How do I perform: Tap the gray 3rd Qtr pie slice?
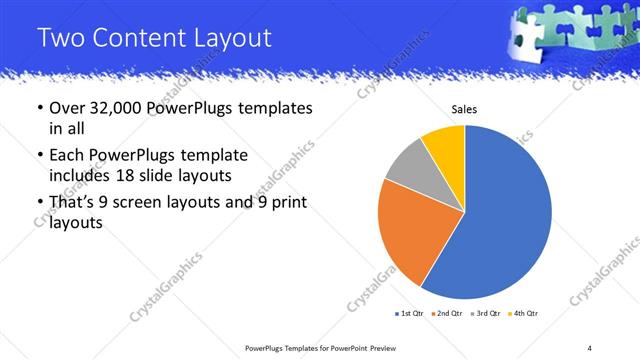coord(408,166)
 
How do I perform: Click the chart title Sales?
coord(465,109)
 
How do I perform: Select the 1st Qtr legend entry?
coord(409,315)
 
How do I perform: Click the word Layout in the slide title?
coord(227,38)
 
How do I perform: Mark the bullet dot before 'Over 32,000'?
coord(39,108)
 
